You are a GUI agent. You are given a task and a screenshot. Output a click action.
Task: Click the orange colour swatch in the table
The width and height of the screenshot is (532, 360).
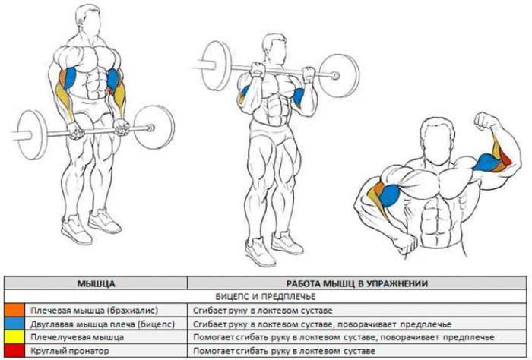click(14, 311)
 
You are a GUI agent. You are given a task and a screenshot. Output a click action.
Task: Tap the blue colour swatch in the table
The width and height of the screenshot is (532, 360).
click(14, 324)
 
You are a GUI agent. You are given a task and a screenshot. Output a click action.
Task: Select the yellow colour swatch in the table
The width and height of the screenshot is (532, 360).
click(14, 337)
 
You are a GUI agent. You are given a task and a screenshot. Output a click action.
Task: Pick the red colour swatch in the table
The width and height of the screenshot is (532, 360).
click(14, 351)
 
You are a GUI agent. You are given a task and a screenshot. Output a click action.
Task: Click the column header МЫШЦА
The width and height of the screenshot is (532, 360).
click(96, 283)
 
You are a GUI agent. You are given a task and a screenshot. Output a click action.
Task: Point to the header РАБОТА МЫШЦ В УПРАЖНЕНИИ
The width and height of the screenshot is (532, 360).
click(357, 283)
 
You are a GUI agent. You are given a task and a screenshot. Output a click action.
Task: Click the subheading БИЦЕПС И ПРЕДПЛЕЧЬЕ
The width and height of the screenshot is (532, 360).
click(265, 297)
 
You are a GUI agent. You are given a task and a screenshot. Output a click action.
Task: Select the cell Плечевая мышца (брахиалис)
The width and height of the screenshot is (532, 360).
click(94, 311)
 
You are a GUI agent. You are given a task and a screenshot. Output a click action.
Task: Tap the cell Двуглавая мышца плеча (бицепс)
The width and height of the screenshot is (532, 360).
click(103, 324)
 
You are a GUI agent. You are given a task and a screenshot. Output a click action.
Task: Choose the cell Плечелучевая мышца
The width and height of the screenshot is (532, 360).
click(77, 337)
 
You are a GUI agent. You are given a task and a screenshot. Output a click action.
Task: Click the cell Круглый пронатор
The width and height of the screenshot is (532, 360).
click(70, 351)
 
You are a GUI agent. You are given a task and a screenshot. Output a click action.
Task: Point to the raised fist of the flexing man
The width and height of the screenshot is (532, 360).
click(485, 122)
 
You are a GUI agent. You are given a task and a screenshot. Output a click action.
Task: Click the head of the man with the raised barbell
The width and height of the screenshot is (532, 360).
click(274, 49)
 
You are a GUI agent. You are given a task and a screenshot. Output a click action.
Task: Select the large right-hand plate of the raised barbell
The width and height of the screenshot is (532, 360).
click(338, 76)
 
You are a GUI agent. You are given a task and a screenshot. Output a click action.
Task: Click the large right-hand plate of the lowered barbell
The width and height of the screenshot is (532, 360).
click(154, 127)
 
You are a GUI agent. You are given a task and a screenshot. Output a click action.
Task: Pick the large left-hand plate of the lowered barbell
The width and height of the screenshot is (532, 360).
click(31, 134)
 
